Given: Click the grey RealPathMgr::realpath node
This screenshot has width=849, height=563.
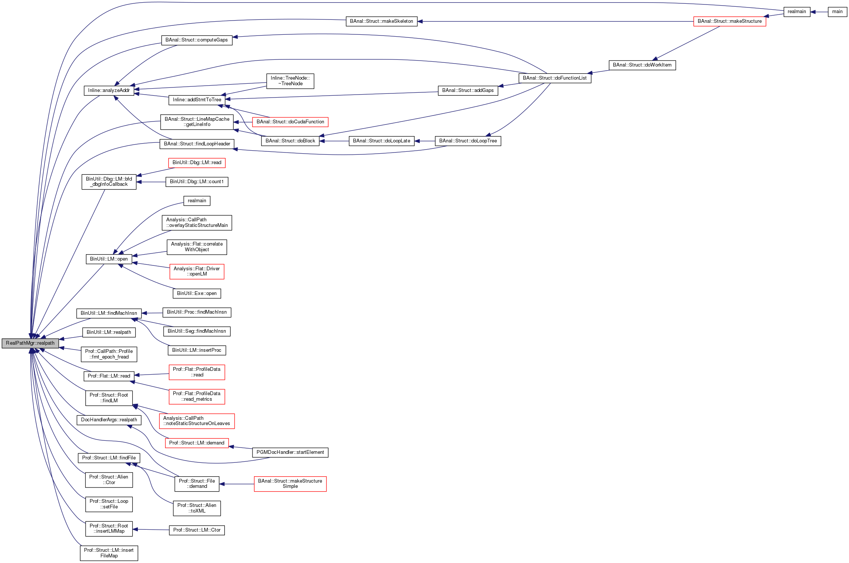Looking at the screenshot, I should pos(30,343).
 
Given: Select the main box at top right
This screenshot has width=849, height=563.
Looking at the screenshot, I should pos(837,12).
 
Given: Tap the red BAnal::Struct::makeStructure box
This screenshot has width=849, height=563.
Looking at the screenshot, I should pos(729,21).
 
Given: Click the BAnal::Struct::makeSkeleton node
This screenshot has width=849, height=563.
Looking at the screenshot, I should pos(381,21).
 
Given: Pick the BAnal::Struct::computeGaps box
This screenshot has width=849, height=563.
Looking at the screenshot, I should pos(196,40).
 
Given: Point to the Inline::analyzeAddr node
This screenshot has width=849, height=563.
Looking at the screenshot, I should pos(109,90).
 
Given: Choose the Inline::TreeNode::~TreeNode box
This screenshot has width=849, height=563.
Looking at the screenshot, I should pos(290,81).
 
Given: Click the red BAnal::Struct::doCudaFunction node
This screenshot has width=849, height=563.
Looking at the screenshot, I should pos(290,122).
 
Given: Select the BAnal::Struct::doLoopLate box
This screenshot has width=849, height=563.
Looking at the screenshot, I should pos(381,141).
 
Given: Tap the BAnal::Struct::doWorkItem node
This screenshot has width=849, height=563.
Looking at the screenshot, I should pos(642,65).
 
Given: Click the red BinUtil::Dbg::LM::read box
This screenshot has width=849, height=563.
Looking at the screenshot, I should pos(196,163).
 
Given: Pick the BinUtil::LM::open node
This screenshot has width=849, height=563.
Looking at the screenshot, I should pos(109,259).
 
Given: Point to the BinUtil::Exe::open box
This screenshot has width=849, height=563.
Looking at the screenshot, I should pos(196,293).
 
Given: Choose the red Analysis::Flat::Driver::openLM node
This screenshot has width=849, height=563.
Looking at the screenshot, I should pos(196,271).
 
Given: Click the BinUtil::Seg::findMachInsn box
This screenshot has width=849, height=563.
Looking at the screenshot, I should pos(196,331).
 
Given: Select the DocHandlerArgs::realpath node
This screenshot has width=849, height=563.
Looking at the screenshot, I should pos(109,420).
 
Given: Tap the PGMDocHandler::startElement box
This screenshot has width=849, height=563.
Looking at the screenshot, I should pos(290,452).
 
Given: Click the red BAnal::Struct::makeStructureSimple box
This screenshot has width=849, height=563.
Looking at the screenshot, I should pos(290,484).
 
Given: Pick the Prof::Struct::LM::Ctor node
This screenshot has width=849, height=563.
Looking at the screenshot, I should pos(196,530).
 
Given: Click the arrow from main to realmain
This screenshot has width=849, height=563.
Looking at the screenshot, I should pos(819,12).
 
